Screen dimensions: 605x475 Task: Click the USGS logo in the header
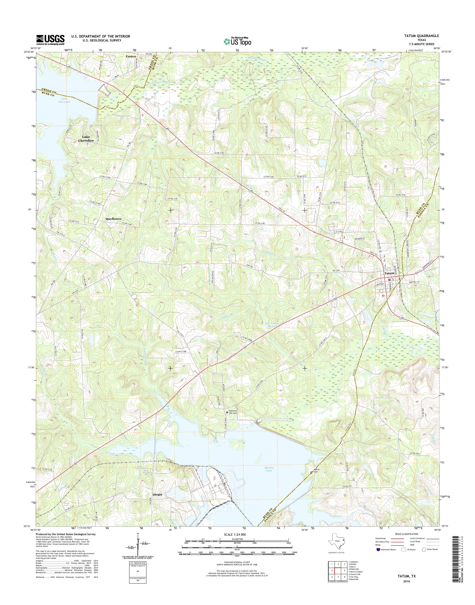50,40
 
